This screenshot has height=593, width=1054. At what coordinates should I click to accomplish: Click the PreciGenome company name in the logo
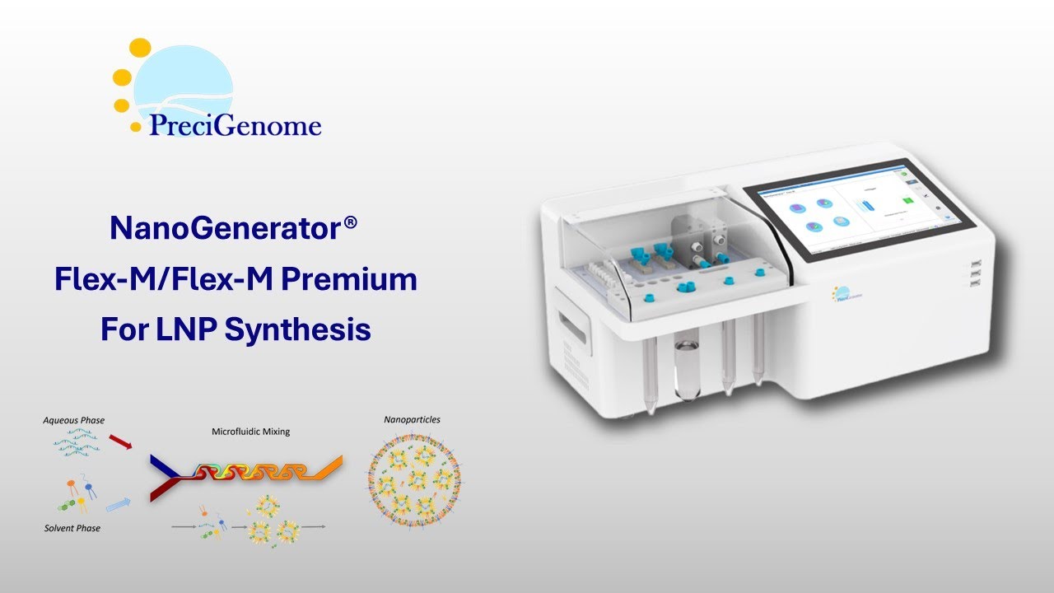[x=235, y=125]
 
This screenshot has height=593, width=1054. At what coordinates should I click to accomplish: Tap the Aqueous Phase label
[x=74, y=421]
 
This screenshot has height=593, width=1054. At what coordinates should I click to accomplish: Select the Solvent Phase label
[x=72, y=528]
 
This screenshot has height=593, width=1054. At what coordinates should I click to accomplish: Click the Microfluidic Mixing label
[x=251, y=431]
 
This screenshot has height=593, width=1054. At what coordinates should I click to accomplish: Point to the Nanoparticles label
[x=412, y=419]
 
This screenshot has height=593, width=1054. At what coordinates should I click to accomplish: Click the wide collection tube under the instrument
[x=685, y=370]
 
